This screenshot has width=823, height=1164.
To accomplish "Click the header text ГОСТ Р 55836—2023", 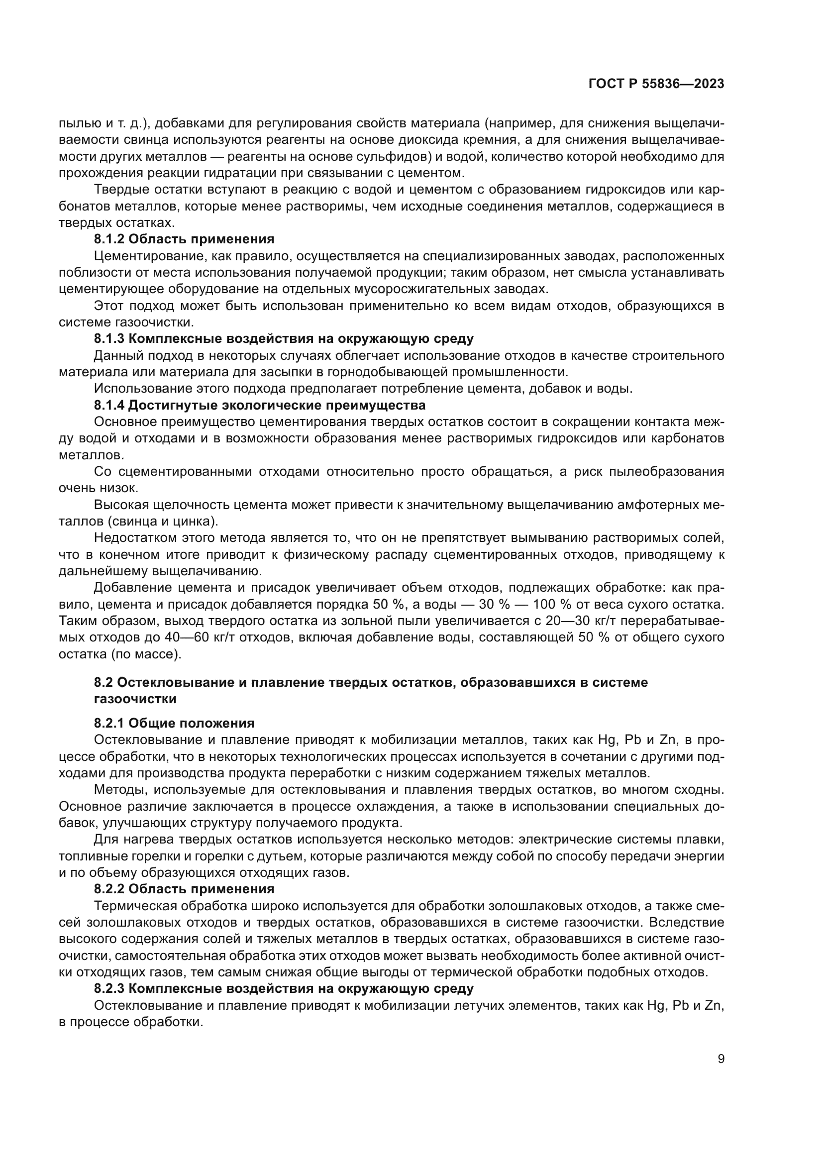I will pyautogui.click(x=656, y=84).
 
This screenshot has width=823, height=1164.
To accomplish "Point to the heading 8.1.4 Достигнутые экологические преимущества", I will pyautogui.click(x=259, y=405).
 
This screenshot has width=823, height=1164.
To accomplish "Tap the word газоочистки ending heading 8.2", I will pyautogui.click(x=135, y=699).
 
